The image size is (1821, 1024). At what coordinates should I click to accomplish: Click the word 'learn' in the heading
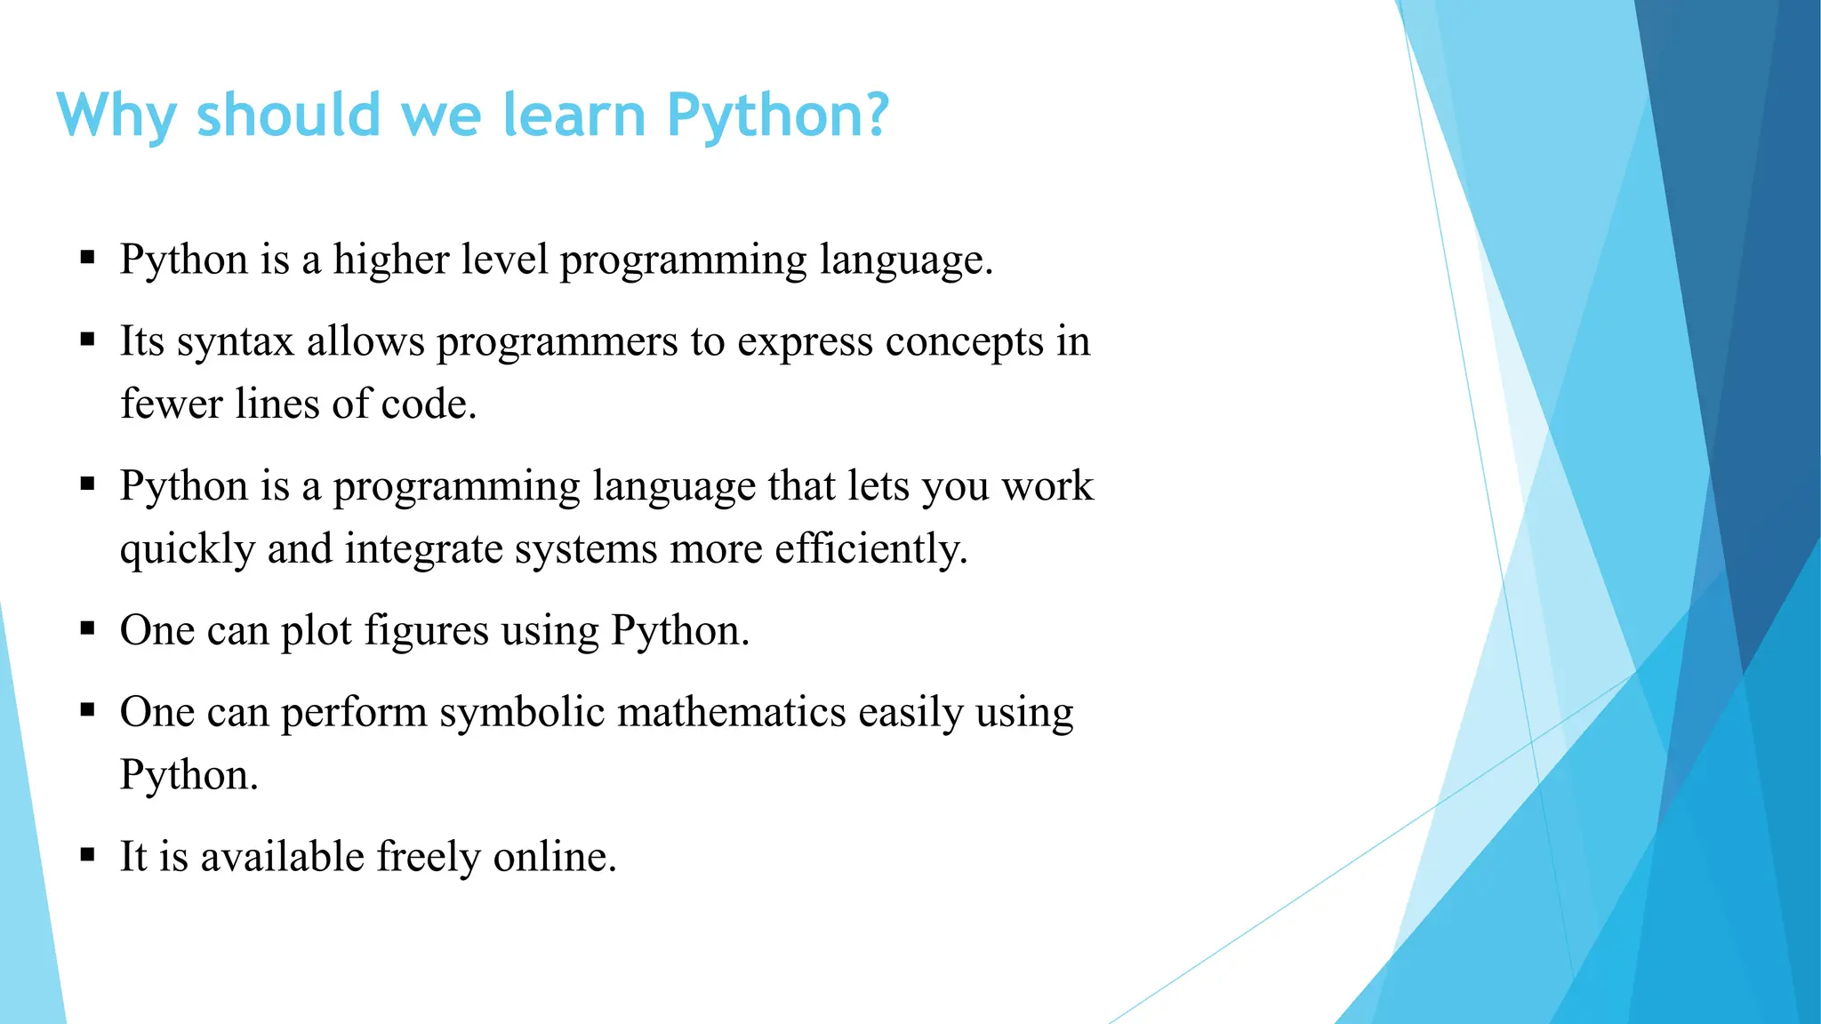[574, 116]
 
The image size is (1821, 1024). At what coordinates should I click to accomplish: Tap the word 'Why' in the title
[116, 117]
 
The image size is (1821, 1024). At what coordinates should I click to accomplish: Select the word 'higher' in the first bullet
[391, 260]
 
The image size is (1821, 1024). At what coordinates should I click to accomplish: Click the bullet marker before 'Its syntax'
[87, 339]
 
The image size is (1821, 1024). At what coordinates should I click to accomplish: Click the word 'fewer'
[172, 404]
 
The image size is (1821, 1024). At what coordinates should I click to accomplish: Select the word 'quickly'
[188, 549]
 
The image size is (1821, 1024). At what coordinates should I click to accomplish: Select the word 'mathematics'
[732, 713]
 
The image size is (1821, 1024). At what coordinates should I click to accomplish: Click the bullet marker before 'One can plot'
[87, 629]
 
